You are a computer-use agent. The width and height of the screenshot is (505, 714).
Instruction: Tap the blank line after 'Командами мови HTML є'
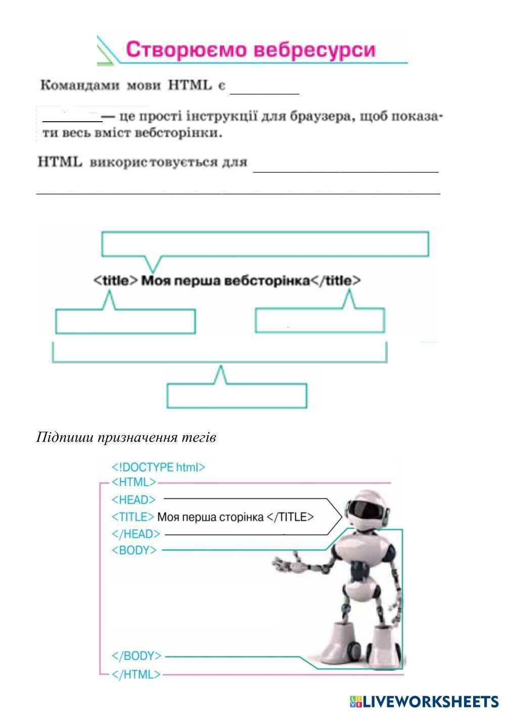point(265,91)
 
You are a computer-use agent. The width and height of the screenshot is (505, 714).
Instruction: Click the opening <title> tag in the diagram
point(116,280)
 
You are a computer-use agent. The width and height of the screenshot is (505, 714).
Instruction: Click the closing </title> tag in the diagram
point(336,280)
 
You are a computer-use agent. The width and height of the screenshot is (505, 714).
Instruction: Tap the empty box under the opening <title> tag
point(125,321)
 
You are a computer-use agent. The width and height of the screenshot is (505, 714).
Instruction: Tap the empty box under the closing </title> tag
point(319,320)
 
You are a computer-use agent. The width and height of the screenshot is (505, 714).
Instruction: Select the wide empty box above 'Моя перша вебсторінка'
point(265,244)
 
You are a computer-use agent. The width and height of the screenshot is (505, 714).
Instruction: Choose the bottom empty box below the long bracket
point(237,396)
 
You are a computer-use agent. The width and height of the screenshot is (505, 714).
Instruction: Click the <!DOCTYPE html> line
point(158,467)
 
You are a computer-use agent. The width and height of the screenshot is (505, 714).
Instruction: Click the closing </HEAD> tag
point(135,534)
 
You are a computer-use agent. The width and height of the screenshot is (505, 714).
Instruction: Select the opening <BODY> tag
point(134,550)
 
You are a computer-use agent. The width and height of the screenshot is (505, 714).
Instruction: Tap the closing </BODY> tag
point(136,656)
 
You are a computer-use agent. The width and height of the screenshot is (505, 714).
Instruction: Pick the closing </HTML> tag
point(136,674)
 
